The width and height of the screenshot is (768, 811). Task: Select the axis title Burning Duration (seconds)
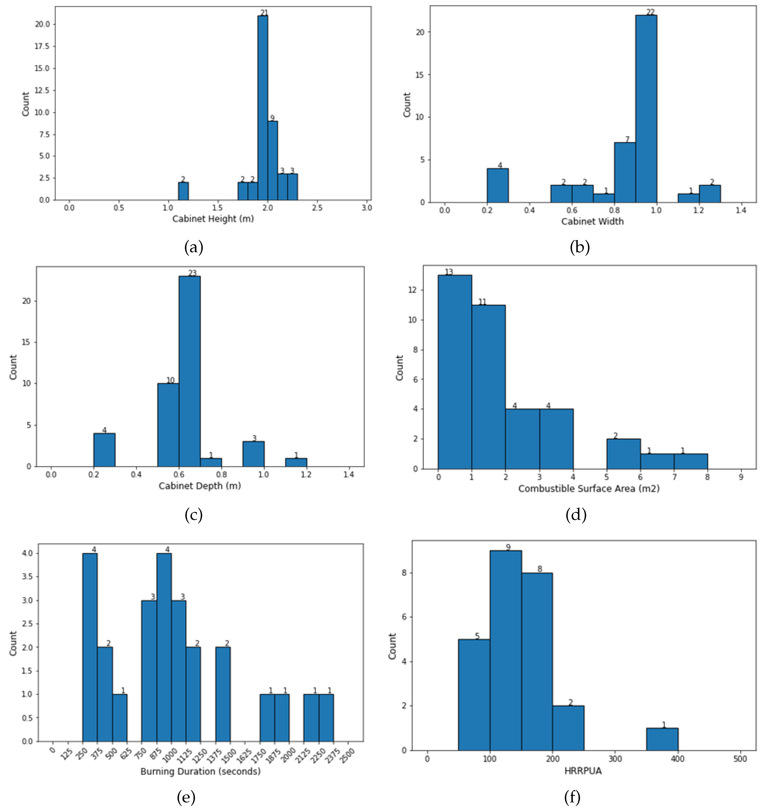pyautogui.click(x=200, y=771)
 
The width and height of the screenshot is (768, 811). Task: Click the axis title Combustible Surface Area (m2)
pyautogui.click(x=589, y=488)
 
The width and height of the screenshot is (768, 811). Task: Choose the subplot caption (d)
pyautogui.click(x=576, y=515)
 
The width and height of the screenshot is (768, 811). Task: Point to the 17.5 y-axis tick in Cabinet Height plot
pyautogui.click(x=42, y=46)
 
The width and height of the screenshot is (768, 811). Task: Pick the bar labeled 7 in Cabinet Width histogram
pyautogui.click(x=625, y=172)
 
